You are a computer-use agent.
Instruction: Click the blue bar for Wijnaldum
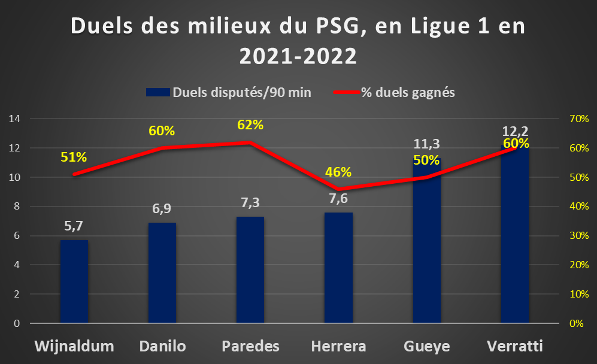click(74, 281)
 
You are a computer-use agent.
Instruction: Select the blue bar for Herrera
click(338, 268)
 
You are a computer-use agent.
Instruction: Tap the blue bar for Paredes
click(250, 270)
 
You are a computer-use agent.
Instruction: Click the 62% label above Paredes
click(250, 125)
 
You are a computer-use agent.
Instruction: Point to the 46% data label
click(338, 172)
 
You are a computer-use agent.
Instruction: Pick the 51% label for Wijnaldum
click(74, 157)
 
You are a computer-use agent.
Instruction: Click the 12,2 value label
click(515, 131)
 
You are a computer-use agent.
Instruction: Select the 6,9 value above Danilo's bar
click(162, 209)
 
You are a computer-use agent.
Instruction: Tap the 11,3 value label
click(426, 144)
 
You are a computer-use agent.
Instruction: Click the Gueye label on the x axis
click(427, 347)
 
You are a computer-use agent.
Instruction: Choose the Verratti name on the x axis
click(515, 346)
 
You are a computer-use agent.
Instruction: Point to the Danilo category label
click(163, 346)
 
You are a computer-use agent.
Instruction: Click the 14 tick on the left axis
click(14, 119)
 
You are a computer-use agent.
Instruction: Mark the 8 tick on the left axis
click(17, 207)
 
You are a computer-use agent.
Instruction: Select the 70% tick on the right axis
click(579, 119)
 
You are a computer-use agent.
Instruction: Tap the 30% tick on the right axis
click(579, 236)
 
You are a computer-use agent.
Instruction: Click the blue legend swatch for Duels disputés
click(158, 92)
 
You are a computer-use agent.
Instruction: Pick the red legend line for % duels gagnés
click(347, 92)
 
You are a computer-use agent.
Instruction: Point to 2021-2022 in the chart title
click(298, 56)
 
